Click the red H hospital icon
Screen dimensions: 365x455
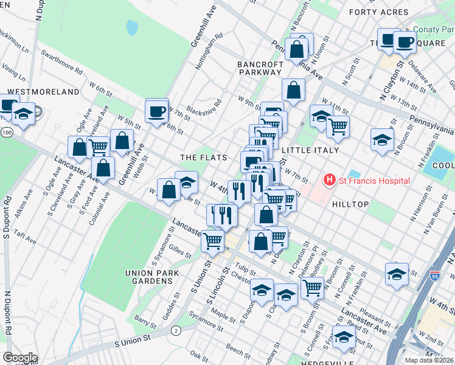[330, 180]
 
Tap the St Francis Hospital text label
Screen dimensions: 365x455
[374, 181]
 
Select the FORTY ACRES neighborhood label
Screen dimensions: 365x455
[378, 12]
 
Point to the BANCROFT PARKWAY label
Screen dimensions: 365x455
[260, 68]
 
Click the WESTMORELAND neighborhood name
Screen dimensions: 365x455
[43, 91]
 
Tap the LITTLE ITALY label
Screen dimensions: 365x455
[305, 149]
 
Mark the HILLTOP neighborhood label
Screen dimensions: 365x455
[351, 204]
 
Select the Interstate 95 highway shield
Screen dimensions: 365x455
[434, 276]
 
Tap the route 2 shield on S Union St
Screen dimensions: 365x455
[176, 330]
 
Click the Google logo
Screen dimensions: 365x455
[20, 357]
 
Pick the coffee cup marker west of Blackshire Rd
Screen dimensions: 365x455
[157, 112]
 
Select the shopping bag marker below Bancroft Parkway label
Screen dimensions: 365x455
[293, 91]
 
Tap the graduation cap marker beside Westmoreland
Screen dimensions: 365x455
[23, 114]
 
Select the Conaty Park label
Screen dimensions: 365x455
[433, 29]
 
